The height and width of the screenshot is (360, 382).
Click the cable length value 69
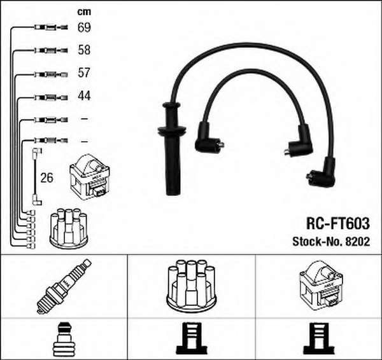point(84,27)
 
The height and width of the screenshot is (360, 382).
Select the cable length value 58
point(84,50)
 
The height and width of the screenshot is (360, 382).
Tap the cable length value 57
point(84,73)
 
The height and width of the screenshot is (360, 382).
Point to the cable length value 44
point(84,95)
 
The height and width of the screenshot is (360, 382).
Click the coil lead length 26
point(46,177)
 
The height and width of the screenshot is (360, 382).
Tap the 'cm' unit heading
point(84,11)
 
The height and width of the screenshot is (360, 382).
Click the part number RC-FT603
point(338,223)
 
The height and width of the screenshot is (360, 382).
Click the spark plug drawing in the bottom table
point(64,286)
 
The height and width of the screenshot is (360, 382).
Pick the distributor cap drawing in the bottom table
point(191,286)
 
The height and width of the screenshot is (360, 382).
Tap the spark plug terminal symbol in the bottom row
point(64,339)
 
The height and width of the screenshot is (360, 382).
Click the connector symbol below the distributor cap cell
point(192,338)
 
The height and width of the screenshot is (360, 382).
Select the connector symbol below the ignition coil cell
point(320,338)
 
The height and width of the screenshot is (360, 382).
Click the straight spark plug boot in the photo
point(172,148)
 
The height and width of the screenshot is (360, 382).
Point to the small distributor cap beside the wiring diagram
point(69,228)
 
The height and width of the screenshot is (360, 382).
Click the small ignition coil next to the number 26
point(90,177)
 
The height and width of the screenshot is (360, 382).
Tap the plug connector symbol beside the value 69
point(51,27)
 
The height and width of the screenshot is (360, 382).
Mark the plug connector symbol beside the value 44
point(51,97)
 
